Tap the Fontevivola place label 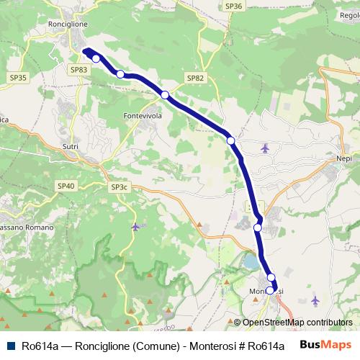[142, 115]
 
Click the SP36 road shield [233, 6]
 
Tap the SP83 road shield [79, 69]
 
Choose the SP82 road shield [194, 77]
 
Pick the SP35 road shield [19, 77]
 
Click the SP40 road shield [66, 186]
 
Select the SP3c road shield [119, 187]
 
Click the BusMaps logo [322, 345]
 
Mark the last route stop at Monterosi [270, 291]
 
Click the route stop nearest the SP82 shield [165, 95]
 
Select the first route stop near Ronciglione [96, 58]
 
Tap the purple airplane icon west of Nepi [265, 148]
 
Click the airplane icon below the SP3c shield [136, 227]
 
